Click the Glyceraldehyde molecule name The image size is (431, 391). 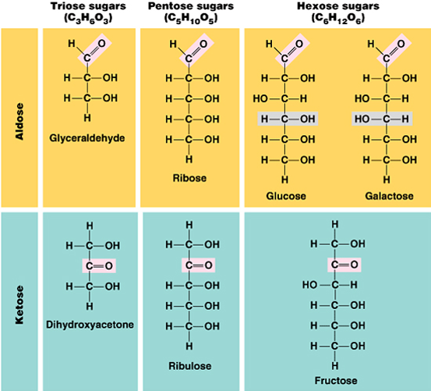click(87, 138)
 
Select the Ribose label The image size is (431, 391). click(189, 178)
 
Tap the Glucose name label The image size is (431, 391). click(286, 196)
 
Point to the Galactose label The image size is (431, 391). click(389, 196)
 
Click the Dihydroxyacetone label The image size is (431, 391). click(90, 325)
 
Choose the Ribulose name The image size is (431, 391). click(190, 366)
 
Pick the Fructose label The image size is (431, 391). click(336, 381)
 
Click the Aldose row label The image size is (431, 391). click(19, 121)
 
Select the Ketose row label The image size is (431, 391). click(19, 305)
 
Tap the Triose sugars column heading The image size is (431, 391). click(88, 6)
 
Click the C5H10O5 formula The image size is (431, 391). click(191, 19)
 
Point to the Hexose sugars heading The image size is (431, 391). click(338, 6)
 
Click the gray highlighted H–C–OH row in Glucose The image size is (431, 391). click(288, 119)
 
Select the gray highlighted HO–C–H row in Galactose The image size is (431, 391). click(382, 119)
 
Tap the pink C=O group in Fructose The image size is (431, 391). click(344, 265)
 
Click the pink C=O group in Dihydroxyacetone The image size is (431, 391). click(99, 266)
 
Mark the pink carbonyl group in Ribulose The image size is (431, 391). click(198, 265)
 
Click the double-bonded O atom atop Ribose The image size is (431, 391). click(203, 44)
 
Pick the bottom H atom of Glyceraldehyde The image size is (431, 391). click(87, 118)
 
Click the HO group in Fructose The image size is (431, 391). click(309, 285)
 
